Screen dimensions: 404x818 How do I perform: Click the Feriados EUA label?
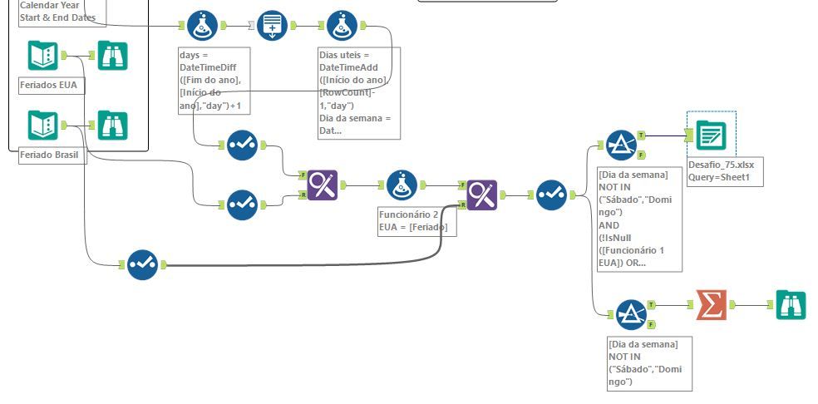point(52,84)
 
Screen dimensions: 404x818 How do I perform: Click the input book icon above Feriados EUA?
point(42,56)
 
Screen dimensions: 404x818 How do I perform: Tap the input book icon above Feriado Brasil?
point(42,126)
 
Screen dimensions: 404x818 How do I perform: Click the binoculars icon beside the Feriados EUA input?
point(112,56)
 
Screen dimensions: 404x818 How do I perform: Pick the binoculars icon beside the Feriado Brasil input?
point(112,126)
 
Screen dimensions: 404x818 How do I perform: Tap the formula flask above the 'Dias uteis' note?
point(342,27)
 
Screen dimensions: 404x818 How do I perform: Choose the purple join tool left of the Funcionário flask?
point(322,187)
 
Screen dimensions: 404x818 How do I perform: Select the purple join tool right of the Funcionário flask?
point(481,195)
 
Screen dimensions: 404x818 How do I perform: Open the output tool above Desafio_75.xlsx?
point(710,136)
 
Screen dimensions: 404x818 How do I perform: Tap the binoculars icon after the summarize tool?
point(790,306)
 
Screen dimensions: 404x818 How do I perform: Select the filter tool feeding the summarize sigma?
point(631,314)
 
